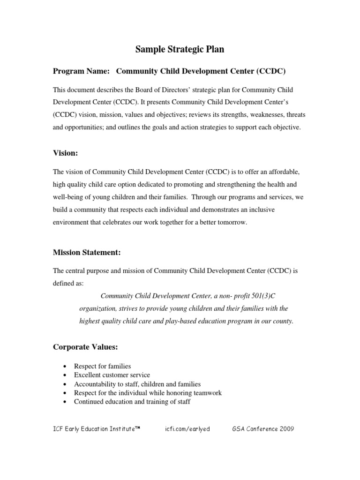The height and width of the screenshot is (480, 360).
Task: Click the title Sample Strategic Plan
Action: pos(180,49)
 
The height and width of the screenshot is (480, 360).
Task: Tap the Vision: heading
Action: pos(65,152)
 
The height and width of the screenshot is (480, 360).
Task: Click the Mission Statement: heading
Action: pos(87,253)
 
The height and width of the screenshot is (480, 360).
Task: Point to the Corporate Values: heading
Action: pos(85,347)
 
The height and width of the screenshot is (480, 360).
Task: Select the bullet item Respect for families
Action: pos(102,366)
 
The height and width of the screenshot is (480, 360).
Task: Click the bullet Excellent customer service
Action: pos(112,375)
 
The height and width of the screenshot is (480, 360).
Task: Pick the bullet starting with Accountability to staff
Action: pos(137,384)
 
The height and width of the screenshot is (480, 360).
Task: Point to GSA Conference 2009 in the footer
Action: pos(263,429)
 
